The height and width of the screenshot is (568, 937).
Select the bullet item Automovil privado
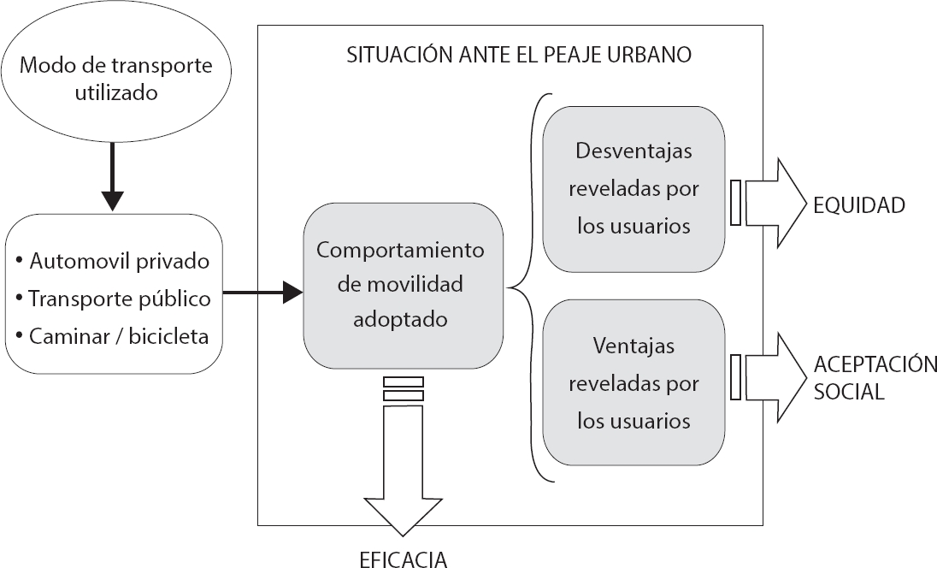click(x=119, y=259)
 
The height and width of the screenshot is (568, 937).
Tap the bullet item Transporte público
click(x=119, y=299)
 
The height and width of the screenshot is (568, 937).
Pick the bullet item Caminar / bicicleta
click(x=119, y=336)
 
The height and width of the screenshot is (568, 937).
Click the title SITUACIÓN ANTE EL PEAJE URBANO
click(x=519, y=56)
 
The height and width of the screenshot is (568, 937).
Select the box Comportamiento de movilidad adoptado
click(x=400, y=285)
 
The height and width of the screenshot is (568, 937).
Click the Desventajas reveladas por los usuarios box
click(x=634, y=188)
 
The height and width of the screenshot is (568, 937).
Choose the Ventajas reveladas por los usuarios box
click(x=634, y=383)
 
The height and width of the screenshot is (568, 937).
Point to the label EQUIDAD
click(x=859, y=205)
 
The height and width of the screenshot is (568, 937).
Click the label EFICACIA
click(x=403, y=559)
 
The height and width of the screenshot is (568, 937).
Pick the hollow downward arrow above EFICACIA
click(x=404, y=470)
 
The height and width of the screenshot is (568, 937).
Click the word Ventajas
click(x=634, y=346)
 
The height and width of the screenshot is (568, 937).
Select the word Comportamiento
click(x=400, y=251)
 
